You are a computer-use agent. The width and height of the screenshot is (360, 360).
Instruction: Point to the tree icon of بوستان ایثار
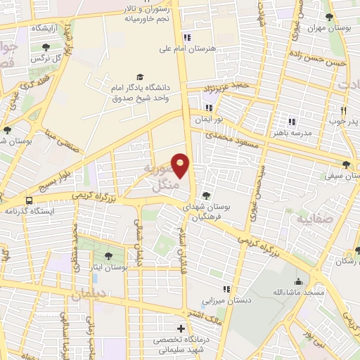(x=108, y=257)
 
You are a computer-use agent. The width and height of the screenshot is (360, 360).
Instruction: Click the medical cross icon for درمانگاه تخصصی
(x=181, y=329)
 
